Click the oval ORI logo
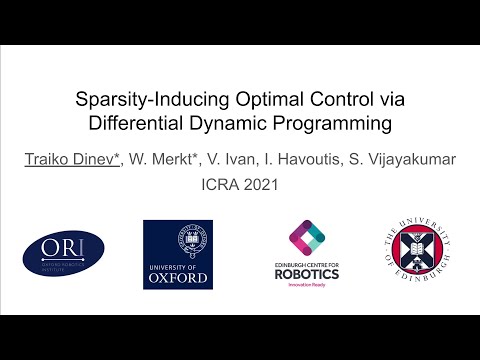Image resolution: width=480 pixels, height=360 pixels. point(63,253)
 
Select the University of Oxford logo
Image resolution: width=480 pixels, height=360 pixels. point(178,254)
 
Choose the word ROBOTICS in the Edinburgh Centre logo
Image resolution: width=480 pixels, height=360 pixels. point(307,273)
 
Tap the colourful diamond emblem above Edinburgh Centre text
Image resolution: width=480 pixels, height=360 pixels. point(307,236)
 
